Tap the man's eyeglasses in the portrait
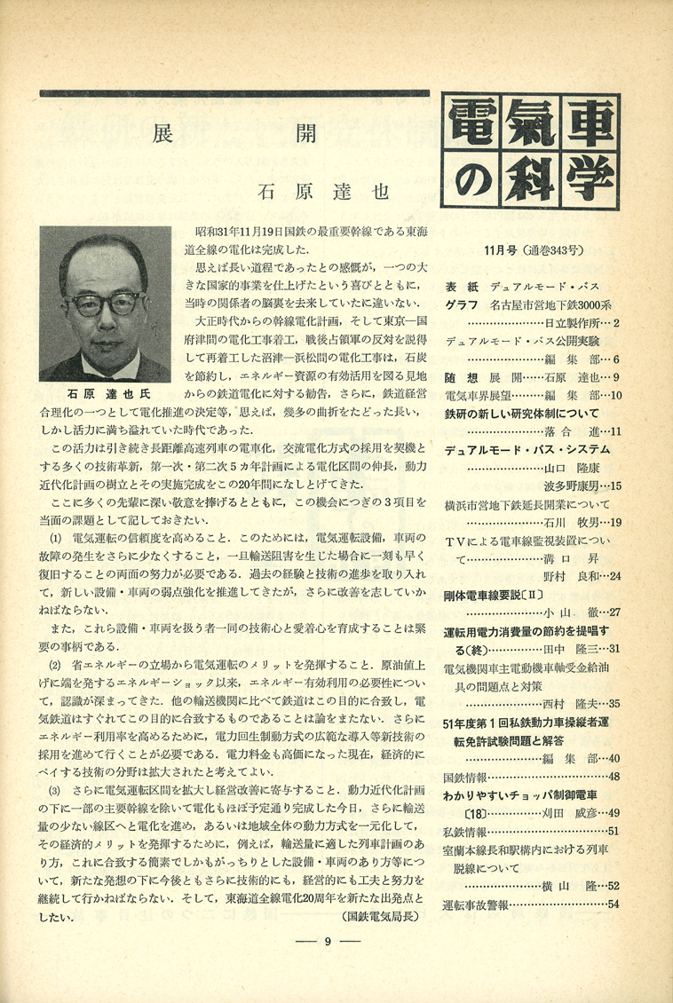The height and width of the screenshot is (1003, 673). [x=107, y=305]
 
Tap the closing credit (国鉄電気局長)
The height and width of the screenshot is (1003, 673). [x=379, y=913]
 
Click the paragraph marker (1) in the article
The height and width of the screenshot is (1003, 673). [x=54, y=538]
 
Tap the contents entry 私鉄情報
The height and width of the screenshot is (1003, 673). [x=464, y=831]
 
